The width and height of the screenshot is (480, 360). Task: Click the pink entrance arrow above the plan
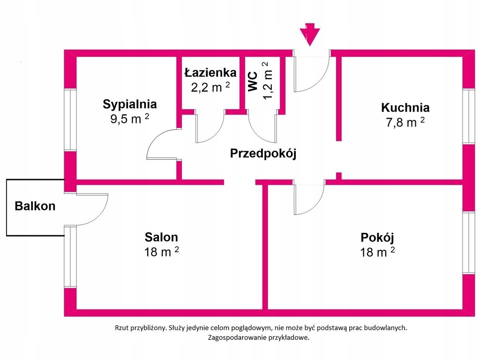[309, 34]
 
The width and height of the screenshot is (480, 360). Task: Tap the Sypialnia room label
[130, 104]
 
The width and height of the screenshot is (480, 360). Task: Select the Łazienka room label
[210, 73]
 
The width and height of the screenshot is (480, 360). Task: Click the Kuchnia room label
[405, 107]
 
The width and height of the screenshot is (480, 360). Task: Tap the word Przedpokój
[263, 153]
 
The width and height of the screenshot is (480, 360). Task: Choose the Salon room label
[161, 237]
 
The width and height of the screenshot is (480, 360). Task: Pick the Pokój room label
[377, 237]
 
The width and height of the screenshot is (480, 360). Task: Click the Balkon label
[35, 206]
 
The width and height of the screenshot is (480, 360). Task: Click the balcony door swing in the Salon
[89, 209]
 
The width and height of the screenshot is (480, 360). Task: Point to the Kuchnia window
[468, 116]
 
